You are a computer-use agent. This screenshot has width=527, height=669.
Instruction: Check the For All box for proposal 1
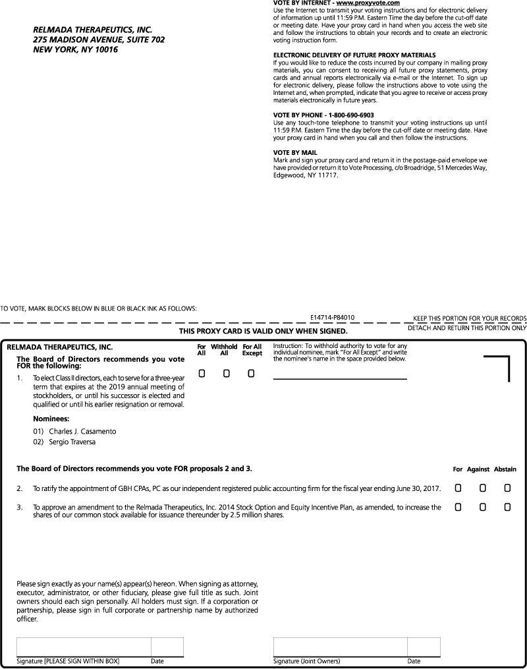coord(202,374)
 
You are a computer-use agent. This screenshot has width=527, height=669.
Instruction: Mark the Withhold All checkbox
coord(226,374)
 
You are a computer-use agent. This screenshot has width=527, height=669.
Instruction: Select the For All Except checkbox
coord(251,374)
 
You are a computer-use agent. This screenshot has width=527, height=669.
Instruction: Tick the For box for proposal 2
coord(458,488)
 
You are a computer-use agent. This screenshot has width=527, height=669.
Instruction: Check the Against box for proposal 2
coord(482,488)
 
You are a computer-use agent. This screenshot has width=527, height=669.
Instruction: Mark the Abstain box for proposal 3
coord(507,507)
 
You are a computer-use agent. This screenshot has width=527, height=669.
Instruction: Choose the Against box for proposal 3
coord(482,507)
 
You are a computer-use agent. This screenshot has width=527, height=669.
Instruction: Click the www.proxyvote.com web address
coord(368,3)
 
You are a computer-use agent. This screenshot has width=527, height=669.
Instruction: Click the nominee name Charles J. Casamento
coord(82,431)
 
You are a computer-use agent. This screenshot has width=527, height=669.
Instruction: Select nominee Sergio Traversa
coord(72,442)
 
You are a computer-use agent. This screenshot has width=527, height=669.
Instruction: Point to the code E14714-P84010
coord(333,318)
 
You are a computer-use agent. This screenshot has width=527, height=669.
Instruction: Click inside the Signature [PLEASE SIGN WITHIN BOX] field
coord(84,647)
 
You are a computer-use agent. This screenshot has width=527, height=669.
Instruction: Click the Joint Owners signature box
coord(340,647)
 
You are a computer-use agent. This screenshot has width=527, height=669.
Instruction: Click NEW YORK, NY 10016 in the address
coord(75,49)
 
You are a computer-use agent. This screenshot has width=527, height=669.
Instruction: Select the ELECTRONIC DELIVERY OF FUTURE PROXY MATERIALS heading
coord(354,54)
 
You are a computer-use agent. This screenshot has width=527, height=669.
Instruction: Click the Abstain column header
coord(505,469)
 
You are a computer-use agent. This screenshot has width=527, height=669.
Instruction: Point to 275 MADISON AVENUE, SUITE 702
coord(99,40)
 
